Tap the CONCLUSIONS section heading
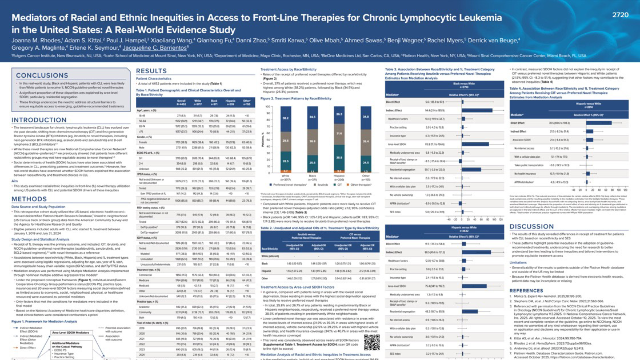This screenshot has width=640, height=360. point(42,75)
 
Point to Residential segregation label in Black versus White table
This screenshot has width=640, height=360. point(405,169)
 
